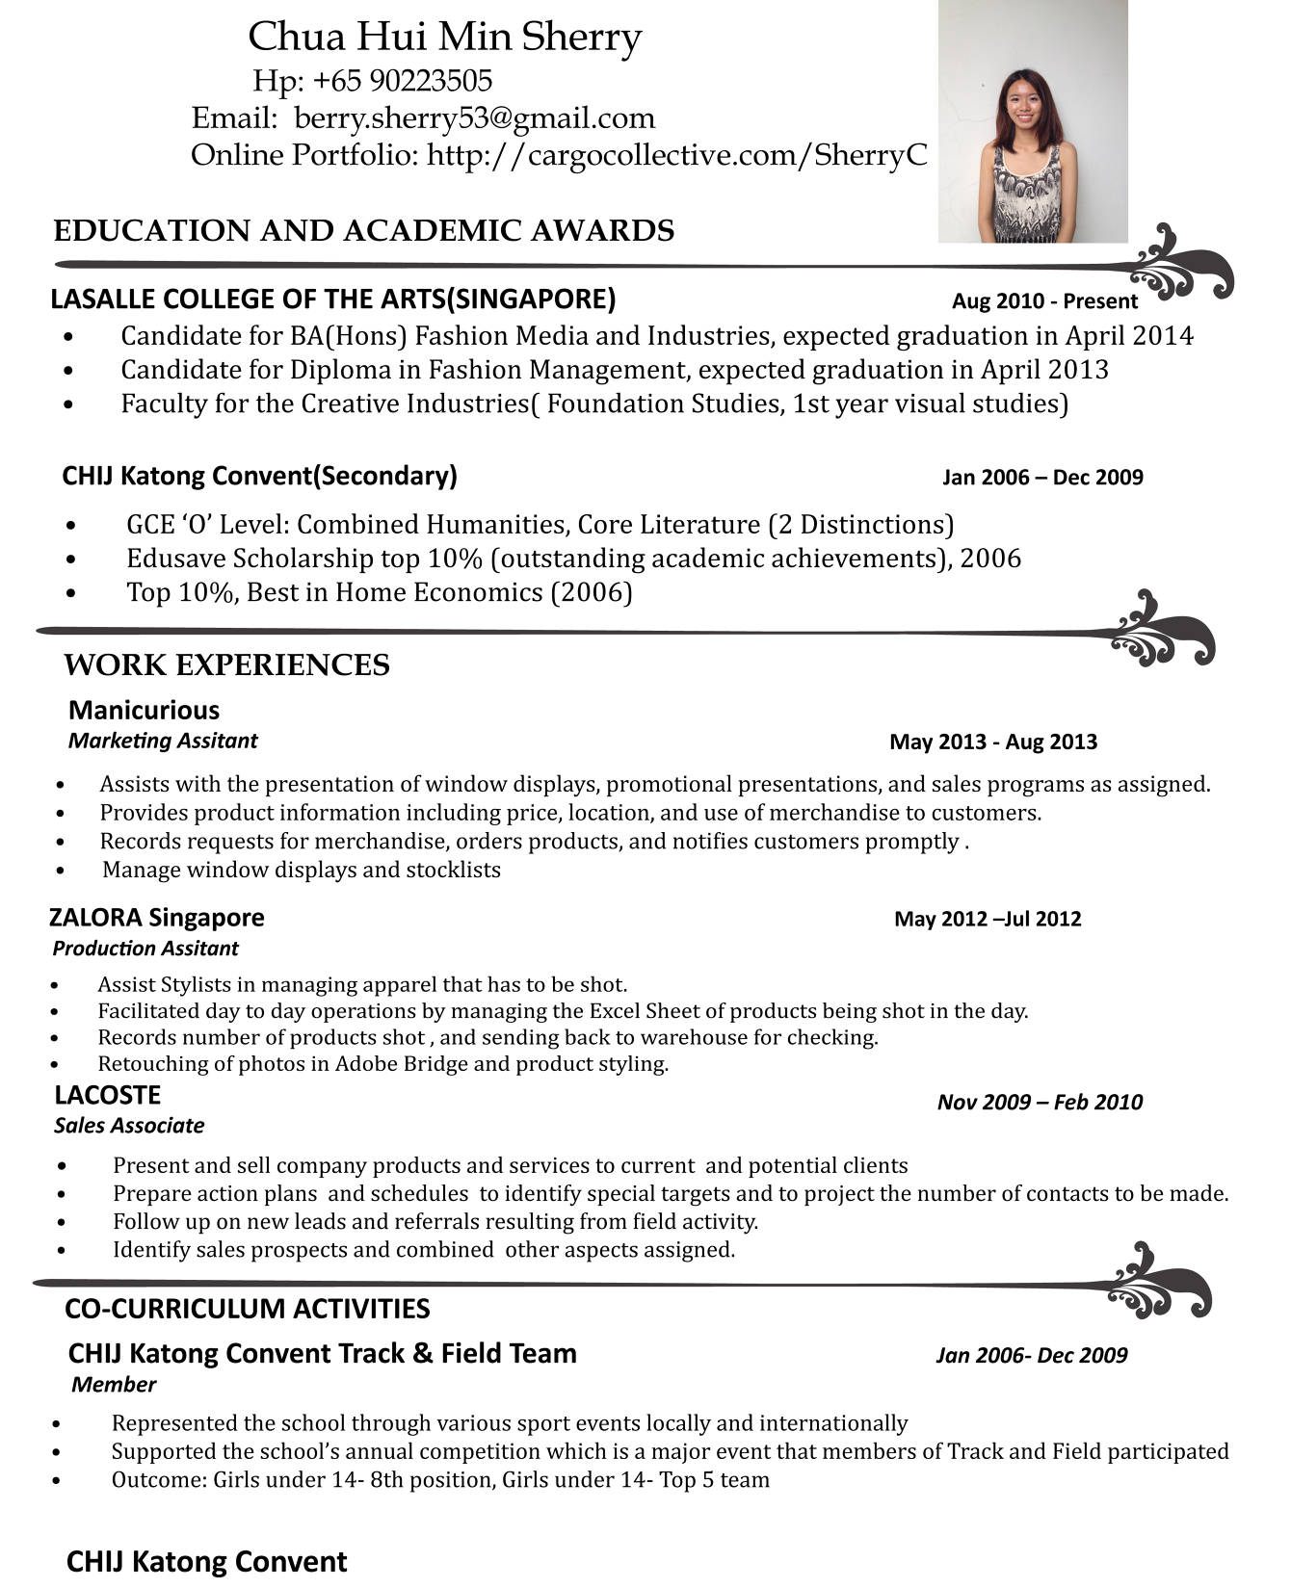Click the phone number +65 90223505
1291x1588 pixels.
click(403, 80)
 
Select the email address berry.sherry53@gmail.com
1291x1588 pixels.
click(474, 117)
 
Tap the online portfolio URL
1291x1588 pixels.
click(676, 154)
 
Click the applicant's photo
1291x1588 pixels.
click(1032, 121)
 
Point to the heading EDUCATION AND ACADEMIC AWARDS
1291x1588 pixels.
click(363, 231)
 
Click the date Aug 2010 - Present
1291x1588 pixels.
click(1044, 301)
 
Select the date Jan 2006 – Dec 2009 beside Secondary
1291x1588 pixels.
click(1042, 478)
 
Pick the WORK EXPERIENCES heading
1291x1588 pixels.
click(226, 665)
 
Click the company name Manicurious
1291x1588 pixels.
click(144, 711)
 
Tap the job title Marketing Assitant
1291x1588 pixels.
click(163, 741)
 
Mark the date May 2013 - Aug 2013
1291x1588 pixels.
click(993, 742)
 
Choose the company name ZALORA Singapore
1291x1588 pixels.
click(156, 918)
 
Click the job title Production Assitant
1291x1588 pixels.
click(145, 949)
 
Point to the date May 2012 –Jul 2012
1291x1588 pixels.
click(988, 919)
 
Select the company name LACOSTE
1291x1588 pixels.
click(107, 1095)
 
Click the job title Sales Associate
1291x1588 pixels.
click(129, 1126)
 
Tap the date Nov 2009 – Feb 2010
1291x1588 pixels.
click(1040, 1103)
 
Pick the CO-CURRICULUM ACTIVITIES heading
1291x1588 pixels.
click(247, 1309)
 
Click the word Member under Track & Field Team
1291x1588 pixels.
click(114, 1385)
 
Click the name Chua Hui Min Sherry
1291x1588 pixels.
click(444, 37)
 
